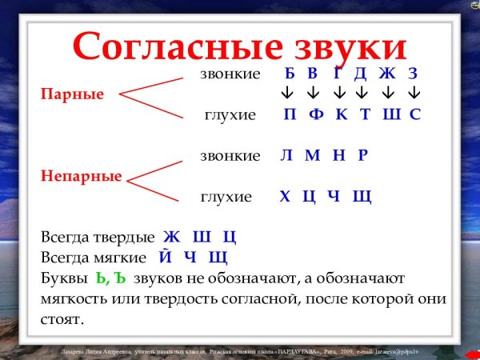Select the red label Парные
73,94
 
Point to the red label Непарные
81,176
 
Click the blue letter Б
290,74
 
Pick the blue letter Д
360,74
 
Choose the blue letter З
413,74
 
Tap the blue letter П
290,114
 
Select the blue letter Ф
316,114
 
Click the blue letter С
414,114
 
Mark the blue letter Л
286,155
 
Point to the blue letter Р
362,155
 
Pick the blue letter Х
285,196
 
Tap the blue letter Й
166,258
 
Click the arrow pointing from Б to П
286,94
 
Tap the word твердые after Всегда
123,238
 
